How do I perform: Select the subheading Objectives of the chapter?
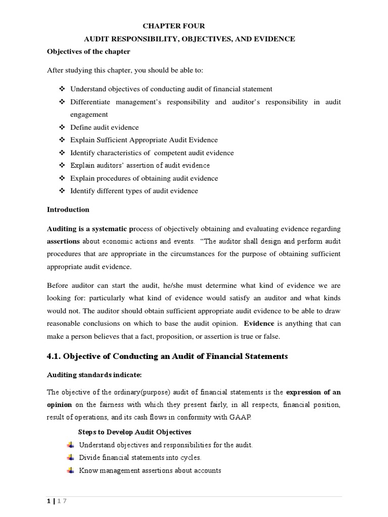coord(88,52)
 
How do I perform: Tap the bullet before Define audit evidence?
coord(62,128)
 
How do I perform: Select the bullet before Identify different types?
coord(62,191)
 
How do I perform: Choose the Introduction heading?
coord(68,210)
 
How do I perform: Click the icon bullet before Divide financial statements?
coord(70,457)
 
